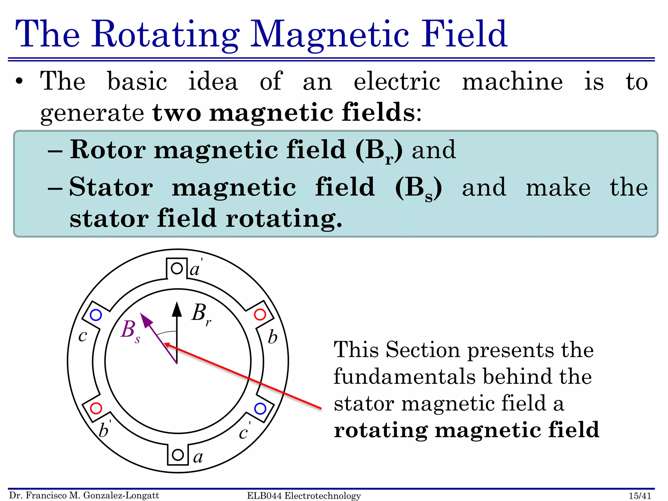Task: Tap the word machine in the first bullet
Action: point(512,81)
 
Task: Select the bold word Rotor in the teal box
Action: point(108,150)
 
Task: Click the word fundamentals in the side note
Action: point(405,376)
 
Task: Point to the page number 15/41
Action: point(640,496)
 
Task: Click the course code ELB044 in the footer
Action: point(264,496)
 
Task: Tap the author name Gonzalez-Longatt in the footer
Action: point(121,495)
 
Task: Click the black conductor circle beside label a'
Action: point(177,268)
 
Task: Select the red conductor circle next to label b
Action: point(260,315)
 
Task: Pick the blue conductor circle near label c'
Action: point(260,408)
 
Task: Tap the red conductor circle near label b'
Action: point(96,408)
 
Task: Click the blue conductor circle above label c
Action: point(96,315)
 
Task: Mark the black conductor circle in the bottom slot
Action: point(178,455)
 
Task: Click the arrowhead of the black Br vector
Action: point(177,309)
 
